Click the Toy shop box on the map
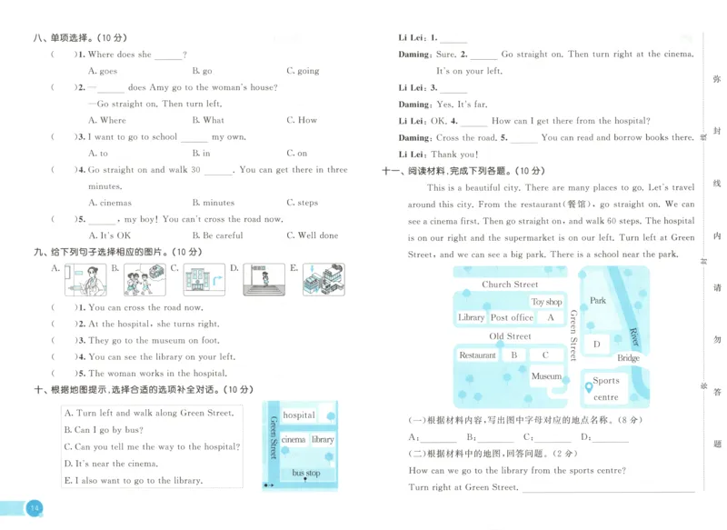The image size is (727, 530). tap(546, 302)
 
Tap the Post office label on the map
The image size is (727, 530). tap(512, 318)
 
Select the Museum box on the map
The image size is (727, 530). tap(546, 375)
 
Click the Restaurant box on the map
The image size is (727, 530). tap(477, 355)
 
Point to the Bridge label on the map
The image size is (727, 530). tap(629, 358)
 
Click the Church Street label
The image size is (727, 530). tap(510, 285)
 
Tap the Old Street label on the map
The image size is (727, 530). tap(510, 336)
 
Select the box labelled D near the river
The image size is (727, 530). tap(596, 345)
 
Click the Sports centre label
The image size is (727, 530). tap(606, 389)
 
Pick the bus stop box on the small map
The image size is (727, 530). tap(306, 473)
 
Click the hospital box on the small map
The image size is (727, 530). tap(299, 415)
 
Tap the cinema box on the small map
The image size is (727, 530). tap(294, 440)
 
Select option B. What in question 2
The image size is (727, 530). tap(208, 120)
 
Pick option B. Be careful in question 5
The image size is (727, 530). tap(217, 235)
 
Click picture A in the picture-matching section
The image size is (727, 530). tap(85, 279)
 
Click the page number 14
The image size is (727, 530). tap(34, 507)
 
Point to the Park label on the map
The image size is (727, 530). tap(597, 301)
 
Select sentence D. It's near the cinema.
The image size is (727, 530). tap(111, 464)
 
